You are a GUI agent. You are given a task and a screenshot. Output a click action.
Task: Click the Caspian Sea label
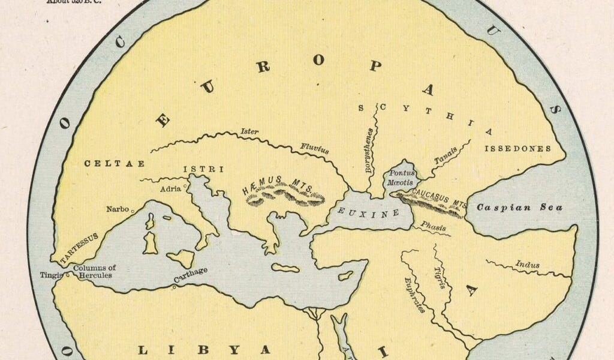(519, 208)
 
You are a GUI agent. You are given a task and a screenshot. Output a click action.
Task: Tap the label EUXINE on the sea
(360, 212)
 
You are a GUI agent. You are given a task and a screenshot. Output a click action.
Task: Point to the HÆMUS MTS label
(278, 186)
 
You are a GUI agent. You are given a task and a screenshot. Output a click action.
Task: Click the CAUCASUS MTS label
(440, 198)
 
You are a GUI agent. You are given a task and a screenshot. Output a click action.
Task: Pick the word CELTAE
(106, 163)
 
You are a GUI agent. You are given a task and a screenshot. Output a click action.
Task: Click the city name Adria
(171, 188)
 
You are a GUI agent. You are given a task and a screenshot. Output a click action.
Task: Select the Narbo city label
(118, 209)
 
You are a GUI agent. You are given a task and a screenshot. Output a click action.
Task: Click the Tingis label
(48, 275)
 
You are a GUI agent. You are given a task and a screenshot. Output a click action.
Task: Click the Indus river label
(527, 264)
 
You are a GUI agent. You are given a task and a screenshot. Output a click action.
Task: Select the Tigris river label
(440, 277)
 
